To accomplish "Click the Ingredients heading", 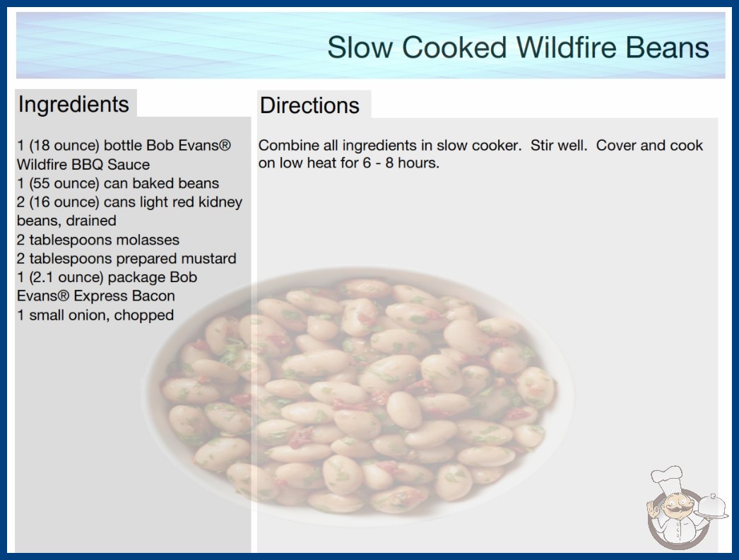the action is [73, 105].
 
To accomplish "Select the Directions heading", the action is [309, 105].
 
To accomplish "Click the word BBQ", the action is [87, 165].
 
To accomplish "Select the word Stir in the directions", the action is [541, 146].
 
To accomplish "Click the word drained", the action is [91, 221].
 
